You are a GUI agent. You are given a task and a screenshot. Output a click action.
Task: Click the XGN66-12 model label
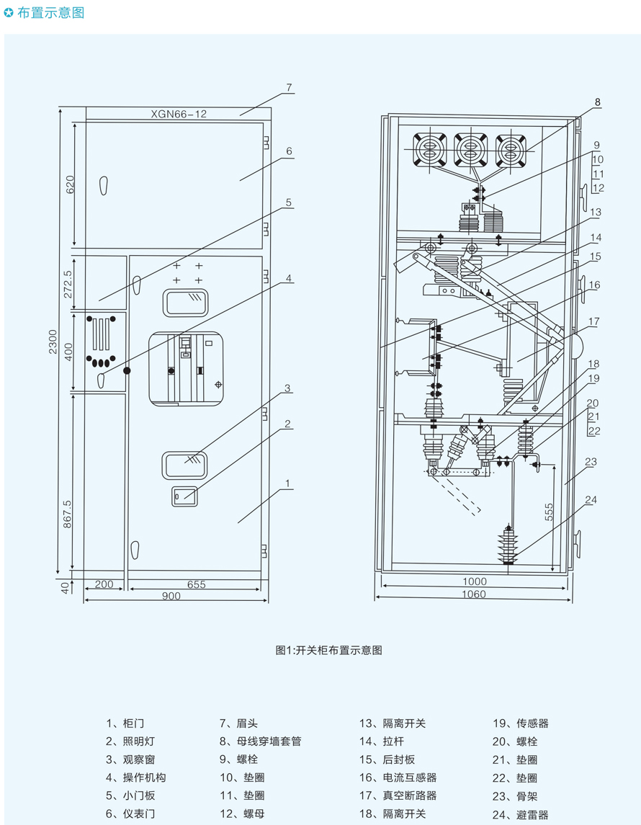pos(179,114)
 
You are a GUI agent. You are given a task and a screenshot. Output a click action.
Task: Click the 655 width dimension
pos(195,584)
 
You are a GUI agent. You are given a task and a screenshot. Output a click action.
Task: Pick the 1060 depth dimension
pos(473,594)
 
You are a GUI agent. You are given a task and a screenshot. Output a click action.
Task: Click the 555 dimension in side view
pos(548,512)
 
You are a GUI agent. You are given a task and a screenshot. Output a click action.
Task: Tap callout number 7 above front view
pos(288,88)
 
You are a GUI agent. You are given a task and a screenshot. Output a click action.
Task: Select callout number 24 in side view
pos(591,499)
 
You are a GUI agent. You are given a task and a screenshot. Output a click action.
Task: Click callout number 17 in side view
pos(593,321)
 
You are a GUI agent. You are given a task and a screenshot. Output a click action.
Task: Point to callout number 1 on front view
pos(287,483)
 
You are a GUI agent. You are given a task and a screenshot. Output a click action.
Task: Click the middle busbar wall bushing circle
pos(469,151)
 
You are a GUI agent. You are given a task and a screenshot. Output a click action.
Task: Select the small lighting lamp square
pos(184,496)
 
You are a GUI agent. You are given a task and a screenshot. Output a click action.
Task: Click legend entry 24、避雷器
pos(520,815)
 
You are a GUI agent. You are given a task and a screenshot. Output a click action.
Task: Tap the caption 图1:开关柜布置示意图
pos(328,650)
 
